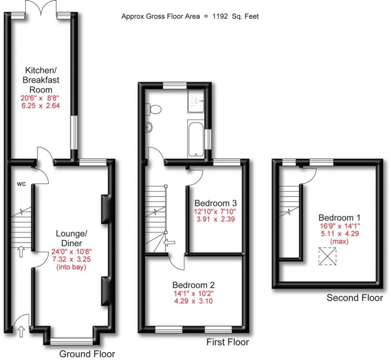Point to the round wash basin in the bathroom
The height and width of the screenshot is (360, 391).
pyautogui.click(x=149, y=128)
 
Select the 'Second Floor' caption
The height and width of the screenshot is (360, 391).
pyautogui.click(x=355, y=298)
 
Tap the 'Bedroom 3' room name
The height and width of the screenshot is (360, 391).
pyautogui.click(x=216, y=203)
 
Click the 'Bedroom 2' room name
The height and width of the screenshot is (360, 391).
pyautogui.click(x=193, y=285)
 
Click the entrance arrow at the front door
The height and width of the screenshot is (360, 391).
pyautogui.click(x=21, y=333)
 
